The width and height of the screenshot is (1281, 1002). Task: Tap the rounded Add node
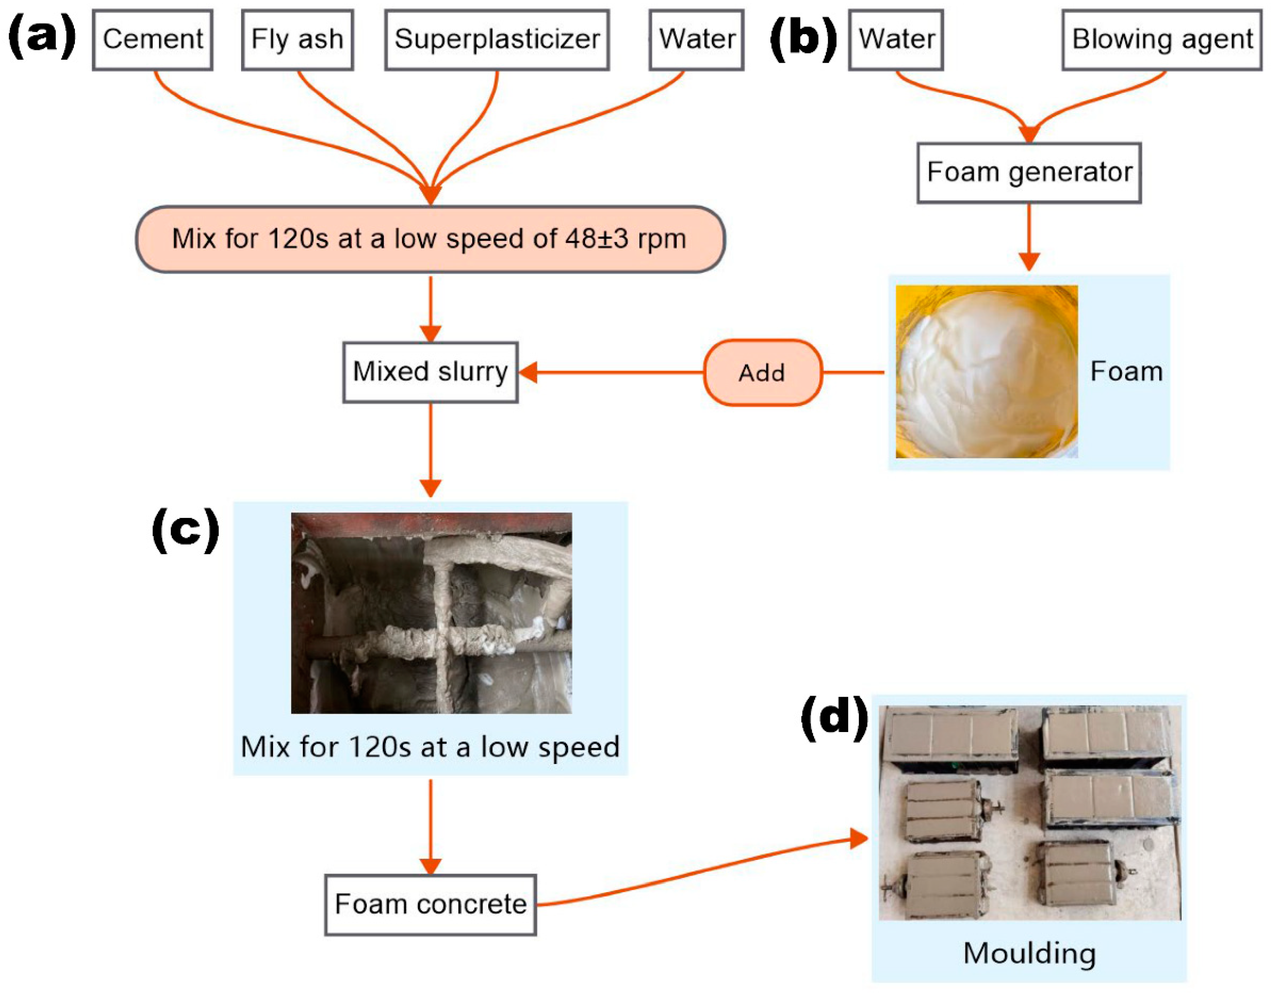click(x=762, y=372)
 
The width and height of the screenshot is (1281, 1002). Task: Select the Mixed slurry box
click(x=430, y=372)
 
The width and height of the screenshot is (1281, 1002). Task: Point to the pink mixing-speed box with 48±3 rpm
click(x=430, y=239)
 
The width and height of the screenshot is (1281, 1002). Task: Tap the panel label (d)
click(x=834, y=717)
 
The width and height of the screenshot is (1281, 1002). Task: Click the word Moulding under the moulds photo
click(x=1029, y=953)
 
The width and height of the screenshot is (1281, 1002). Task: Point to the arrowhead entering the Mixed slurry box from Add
click(x=528, y=372)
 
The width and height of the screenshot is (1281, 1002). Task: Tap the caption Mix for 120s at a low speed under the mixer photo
click(x=430, y=747)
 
